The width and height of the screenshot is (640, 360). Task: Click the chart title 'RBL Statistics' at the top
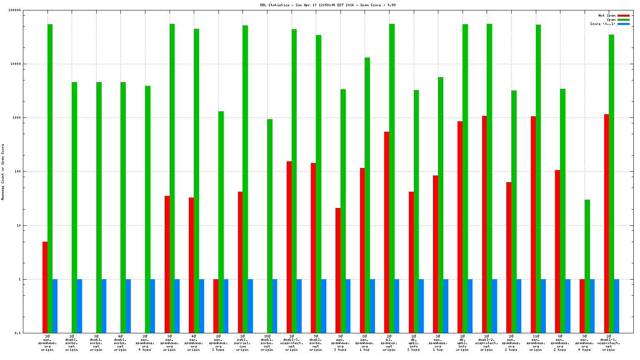click(275, 5)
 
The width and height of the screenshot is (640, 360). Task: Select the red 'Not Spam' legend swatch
click(623, 16)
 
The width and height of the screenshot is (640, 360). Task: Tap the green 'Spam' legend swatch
click(623, 20)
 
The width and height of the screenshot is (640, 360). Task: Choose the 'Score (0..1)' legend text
click(602, 24)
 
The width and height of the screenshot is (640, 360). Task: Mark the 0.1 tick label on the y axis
click(17, 333)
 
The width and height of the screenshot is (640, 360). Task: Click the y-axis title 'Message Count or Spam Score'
click(3, 172)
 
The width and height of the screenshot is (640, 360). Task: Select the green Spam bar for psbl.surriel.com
click(245, 179)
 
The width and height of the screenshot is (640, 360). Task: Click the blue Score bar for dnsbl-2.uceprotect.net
click(495, 306)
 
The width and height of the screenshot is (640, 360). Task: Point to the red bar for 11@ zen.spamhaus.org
click(533, 225)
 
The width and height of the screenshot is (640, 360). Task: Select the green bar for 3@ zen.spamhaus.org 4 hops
click(587, 266)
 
